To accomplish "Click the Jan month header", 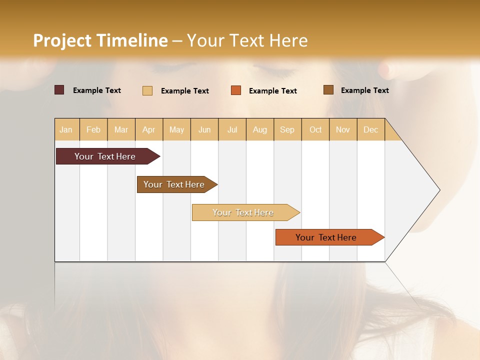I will [66, 129].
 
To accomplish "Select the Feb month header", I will [93, 129].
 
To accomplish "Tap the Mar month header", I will [121, 129].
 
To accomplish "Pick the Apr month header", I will [149, 129].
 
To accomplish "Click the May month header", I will [176, 129].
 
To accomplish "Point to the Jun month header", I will [204, 129].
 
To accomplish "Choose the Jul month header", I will [232, 129].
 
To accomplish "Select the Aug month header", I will [260, 129].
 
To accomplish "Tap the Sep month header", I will [287, 129].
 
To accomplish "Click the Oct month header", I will [315, 129].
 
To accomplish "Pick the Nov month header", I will [343, 129].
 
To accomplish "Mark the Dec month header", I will [371, 129].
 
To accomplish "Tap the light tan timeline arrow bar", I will [243, 212].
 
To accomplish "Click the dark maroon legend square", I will [59, 90].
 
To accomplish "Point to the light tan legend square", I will [147, 90].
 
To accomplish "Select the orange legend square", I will [236, 90].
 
